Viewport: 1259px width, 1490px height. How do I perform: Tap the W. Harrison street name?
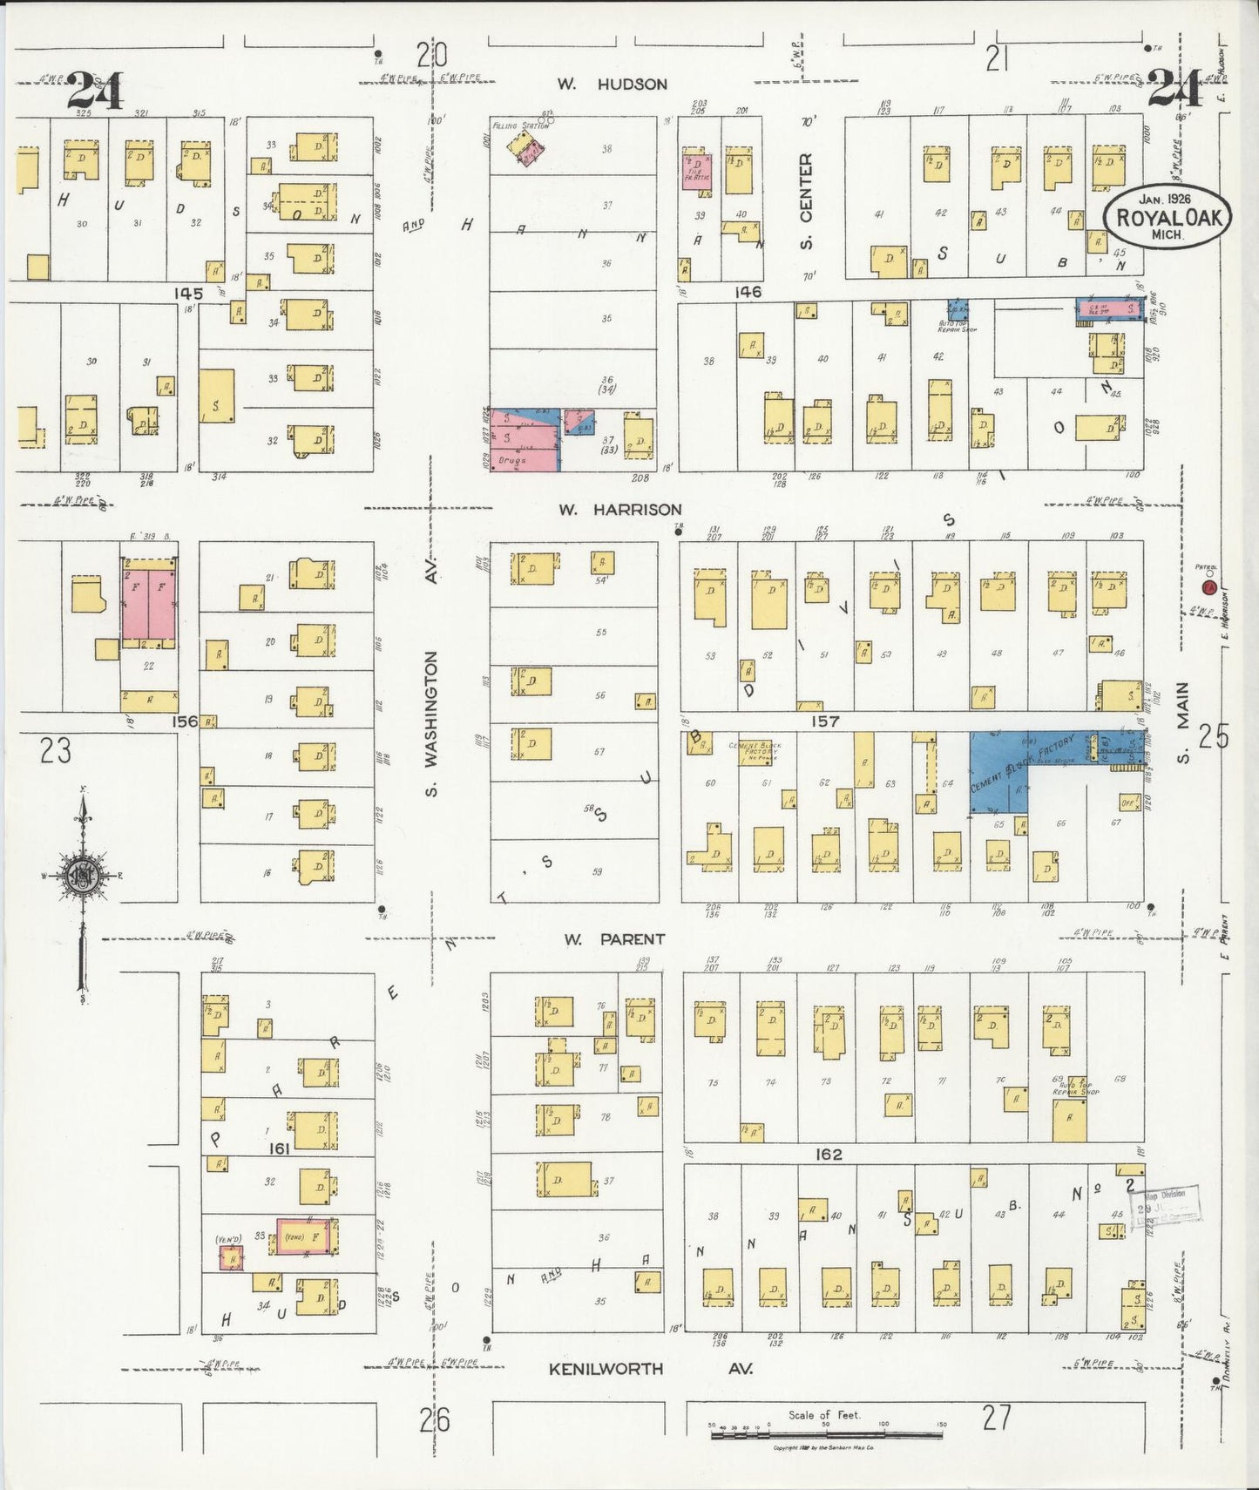(x=620, y=509)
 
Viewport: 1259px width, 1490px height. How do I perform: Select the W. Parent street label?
(x=614, y=939)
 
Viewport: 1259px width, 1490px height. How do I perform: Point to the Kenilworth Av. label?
(x=649, y=1369)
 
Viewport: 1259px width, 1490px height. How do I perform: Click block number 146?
(x=747, y=292)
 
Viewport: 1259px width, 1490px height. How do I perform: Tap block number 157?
(x=823, y=721)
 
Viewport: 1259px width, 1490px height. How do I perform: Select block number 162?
(x=828, y=1154)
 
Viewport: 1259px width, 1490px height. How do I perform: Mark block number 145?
(x=187, y=293)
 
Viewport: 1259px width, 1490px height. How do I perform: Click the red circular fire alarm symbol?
(x=1208, y=588)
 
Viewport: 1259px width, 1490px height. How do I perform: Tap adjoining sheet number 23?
(x=55, y=750)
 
